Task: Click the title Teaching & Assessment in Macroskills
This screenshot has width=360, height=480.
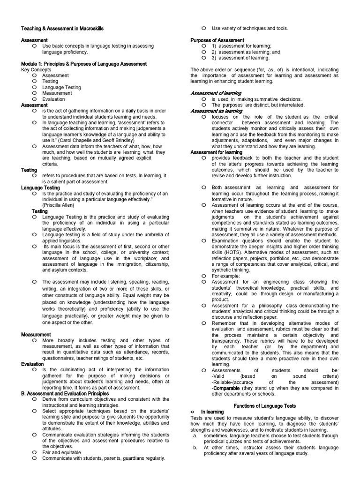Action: (x=62, y=29)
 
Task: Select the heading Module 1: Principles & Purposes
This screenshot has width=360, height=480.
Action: (x=84, y=64)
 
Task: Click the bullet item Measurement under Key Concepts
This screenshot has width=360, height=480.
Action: (x=57, y=93)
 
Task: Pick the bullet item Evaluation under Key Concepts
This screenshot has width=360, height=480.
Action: (x=53, y=99)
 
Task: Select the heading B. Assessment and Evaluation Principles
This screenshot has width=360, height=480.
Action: (x=65, y=393)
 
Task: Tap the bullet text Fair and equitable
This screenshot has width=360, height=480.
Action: (x=62, y=452)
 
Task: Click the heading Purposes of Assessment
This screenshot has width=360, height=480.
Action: (x=217, y=40)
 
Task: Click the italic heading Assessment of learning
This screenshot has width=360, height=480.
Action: (x=216, y=93)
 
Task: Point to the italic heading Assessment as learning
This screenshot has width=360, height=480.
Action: (x=216, y=111)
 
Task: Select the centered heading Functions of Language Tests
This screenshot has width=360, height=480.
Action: (x=265, y=406)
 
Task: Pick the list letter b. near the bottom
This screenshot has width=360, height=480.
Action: (x=195, y=448)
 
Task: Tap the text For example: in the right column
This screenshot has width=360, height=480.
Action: (x=227, y=276)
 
